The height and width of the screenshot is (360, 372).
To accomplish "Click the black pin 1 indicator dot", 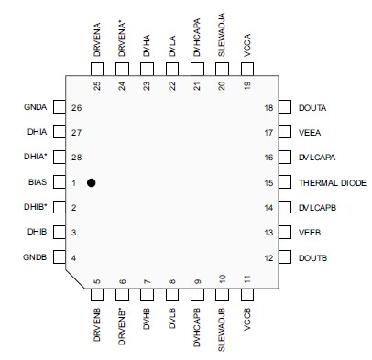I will (x=92, y=183).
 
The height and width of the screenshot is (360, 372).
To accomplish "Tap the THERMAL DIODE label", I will (x=332, y=183).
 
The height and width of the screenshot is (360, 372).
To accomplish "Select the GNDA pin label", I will (x=33, y=107).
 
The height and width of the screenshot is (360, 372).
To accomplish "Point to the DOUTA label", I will (x=312, y=107).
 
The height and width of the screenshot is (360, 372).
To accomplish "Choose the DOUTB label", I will (x=312, y=258).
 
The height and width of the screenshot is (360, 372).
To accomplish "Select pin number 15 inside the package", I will (x=268, y=183).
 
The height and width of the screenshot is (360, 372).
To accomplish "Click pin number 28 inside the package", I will (x=78, y=158).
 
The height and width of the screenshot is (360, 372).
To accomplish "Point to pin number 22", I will (x=172, y=86).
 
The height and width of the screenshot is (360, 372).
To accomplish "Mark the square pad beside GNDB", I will (x=59, y=258).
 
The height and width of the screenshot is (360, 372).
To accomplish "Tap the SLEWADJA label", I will (x=222, y=35).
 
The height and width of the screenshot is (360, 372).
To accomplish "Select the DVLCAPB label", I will (x=318, y=208).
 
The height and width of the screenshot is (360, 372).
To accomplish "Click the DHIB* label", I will (x=35, y=208).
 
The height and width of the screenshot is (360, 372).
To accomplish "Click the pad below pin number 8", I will (x=172, y=295).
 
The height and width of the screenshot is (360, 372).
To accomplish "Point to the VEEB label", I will (x=309, y=233).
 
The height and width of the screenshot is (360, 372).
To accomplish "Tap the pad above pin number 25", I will (x=97, y=70).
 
